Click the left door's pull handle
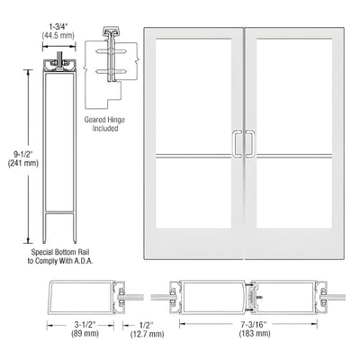coord(237,145)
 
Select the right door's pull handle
coord(247,145)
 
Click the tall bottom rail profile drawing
coord(56,153)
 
